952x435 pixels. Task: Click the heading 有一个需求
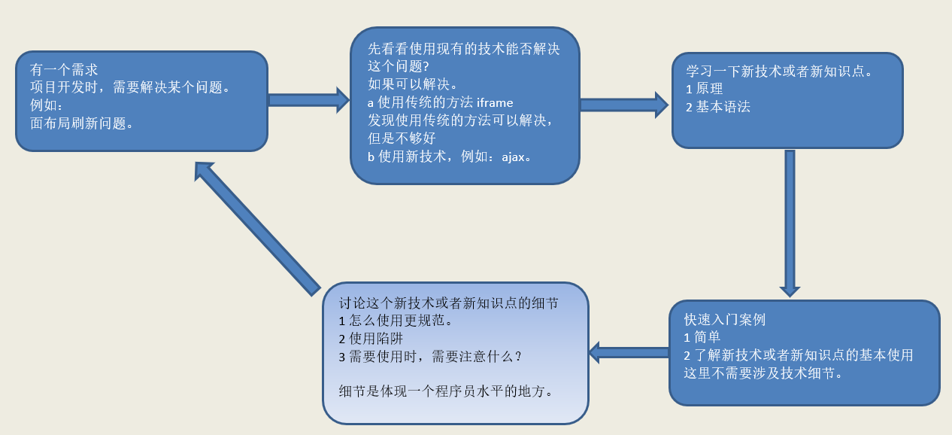click(x=64, y=70)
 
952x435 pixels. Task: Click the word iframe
click(x=495, y=102)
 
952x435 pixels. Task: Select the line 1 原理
click(x=704, y=89)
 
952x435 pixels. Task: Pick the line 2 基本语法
click(x=718, y=107)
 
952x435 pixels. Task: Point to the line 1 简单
click(x=702, y=337)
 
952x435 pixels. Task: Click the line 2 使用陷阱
click(x=371, y=339)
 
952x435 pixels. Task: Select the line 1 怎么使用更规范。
click(x=396, y=321)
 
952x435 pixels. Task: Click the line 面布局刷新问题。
click(x=82, y=123)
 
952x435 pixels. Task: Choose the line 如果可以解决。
click(x=413, y=84)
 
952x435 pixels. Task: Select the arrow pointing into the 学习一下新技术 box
click(x=623, y=105)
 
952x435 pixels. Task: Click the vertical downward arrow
click(x=790, y=222)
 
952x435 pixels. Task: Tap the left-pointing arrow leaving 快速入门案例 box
click(x=629, y=351)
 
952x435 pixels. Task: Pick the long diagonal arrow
click(x=257, y=227)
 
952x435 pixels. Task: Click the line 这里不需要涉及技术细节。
click(x=763, y=373)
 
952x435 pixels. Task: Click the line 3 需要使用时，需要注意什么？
click(x=430, y=357)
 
